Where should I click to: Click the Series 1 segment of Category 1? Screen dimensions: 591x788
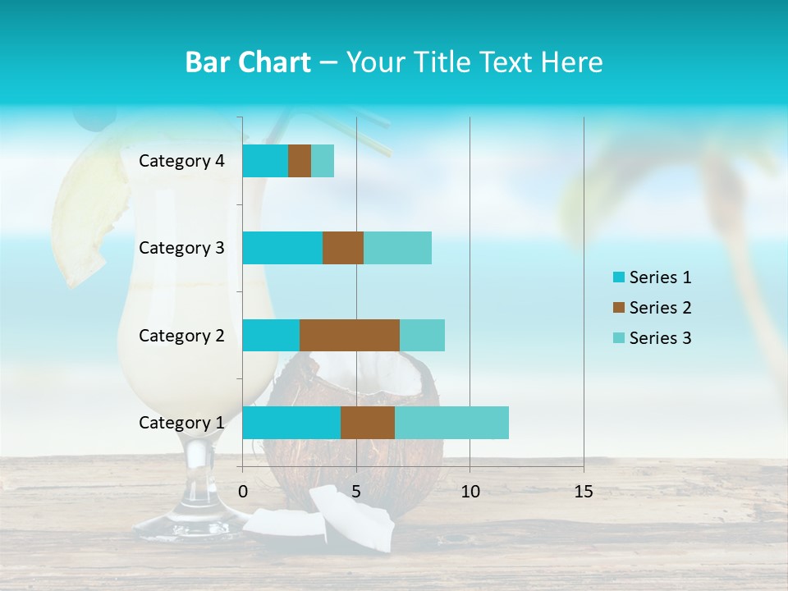pos(291,423)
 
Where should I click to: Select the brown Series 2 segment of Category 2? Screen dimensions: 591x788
pos(350,335)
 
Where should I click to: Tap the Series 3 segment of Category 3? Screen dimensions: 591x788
pos(397,248)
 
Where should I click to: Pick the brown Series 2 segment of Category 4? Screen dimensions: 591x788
pos(300,161)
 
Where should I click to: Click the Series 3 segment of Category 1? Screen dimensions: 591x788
pos(451,423)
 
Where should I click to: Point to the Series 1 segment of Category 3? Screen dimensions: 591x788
pos(282,248)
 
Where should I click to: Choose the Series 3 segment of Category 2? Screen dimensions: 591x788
pos(422,335)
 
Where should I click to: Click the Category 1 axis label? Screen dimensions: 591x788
pos(181,423)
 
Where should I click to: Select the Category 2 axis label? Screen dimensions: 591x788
pos(181,336)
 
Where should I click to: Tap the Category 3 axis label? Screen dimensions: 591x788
pos(181,248)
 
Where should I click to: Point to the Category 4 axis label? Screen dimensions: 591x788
pos(181,161)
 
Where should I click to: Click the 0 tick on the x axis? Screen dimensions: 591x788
pos(243,492)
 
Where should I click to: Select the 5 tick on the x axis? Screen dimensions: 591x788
pos(356,492)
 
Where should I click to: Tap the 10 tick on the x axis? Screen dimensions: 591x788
pos(470,492)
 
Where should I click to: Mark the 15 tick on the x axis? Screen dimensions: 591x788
pos(584,492)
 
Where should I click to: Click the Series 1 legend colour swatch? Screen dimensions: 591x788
pos(618,277)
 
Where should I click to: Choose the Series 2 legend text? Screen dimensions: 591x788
pos(660,308)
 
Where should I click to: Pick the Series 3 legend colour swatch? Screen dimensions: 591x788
pos(618,338)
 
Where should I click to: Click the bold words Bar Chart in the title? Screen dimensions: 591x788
pos(248,62)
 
